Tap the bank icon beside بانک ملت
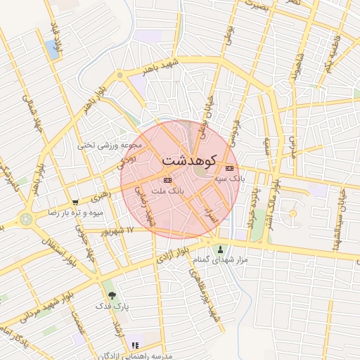[x=166, y=179]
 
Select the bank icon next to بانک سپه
[x=229, y=168]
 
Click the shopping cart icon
[x=75, y=202]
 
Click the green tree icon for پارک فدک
[x=111, y=295]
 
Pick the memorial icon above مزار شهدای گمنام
[x=220, y=249]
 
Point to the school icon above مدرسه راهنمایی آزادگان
[x=135, y=345]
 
